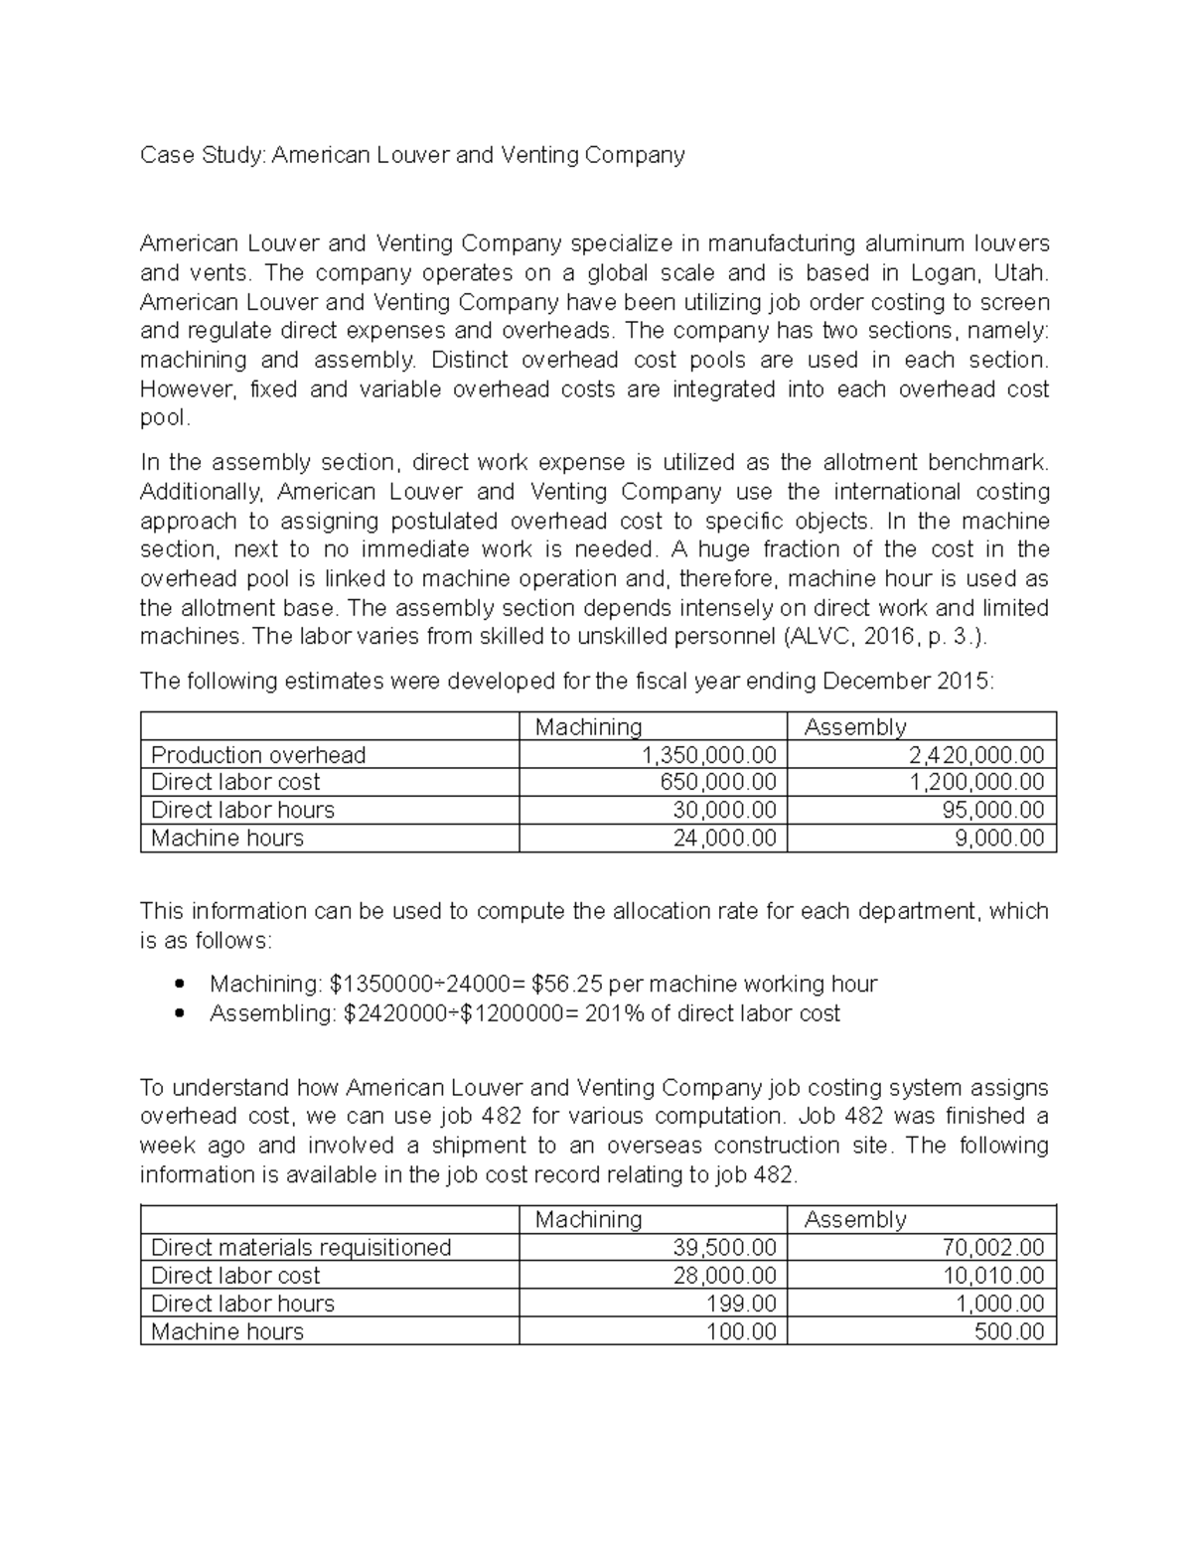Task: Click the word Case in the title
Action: [165, 155]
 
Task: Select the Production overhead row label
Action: [258, 755]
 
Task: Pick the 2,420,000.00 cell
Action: [976, 755]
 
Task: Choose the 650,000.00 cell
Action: [718, 782]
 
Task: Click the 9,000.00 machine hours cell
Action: [998, 838]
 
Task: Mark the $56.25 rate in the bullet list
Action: [566, 985]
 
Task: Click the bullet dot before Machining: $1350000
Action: [180, 985]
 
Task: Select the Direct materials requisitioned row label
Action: [301, 1248]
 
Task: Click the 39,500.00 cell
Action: [724, 1248]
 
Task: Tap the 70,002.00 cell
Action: [992, 1248]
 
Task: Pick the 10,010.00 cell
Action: [992, 1276]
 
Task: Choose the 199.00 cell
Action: [740, 1304]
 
